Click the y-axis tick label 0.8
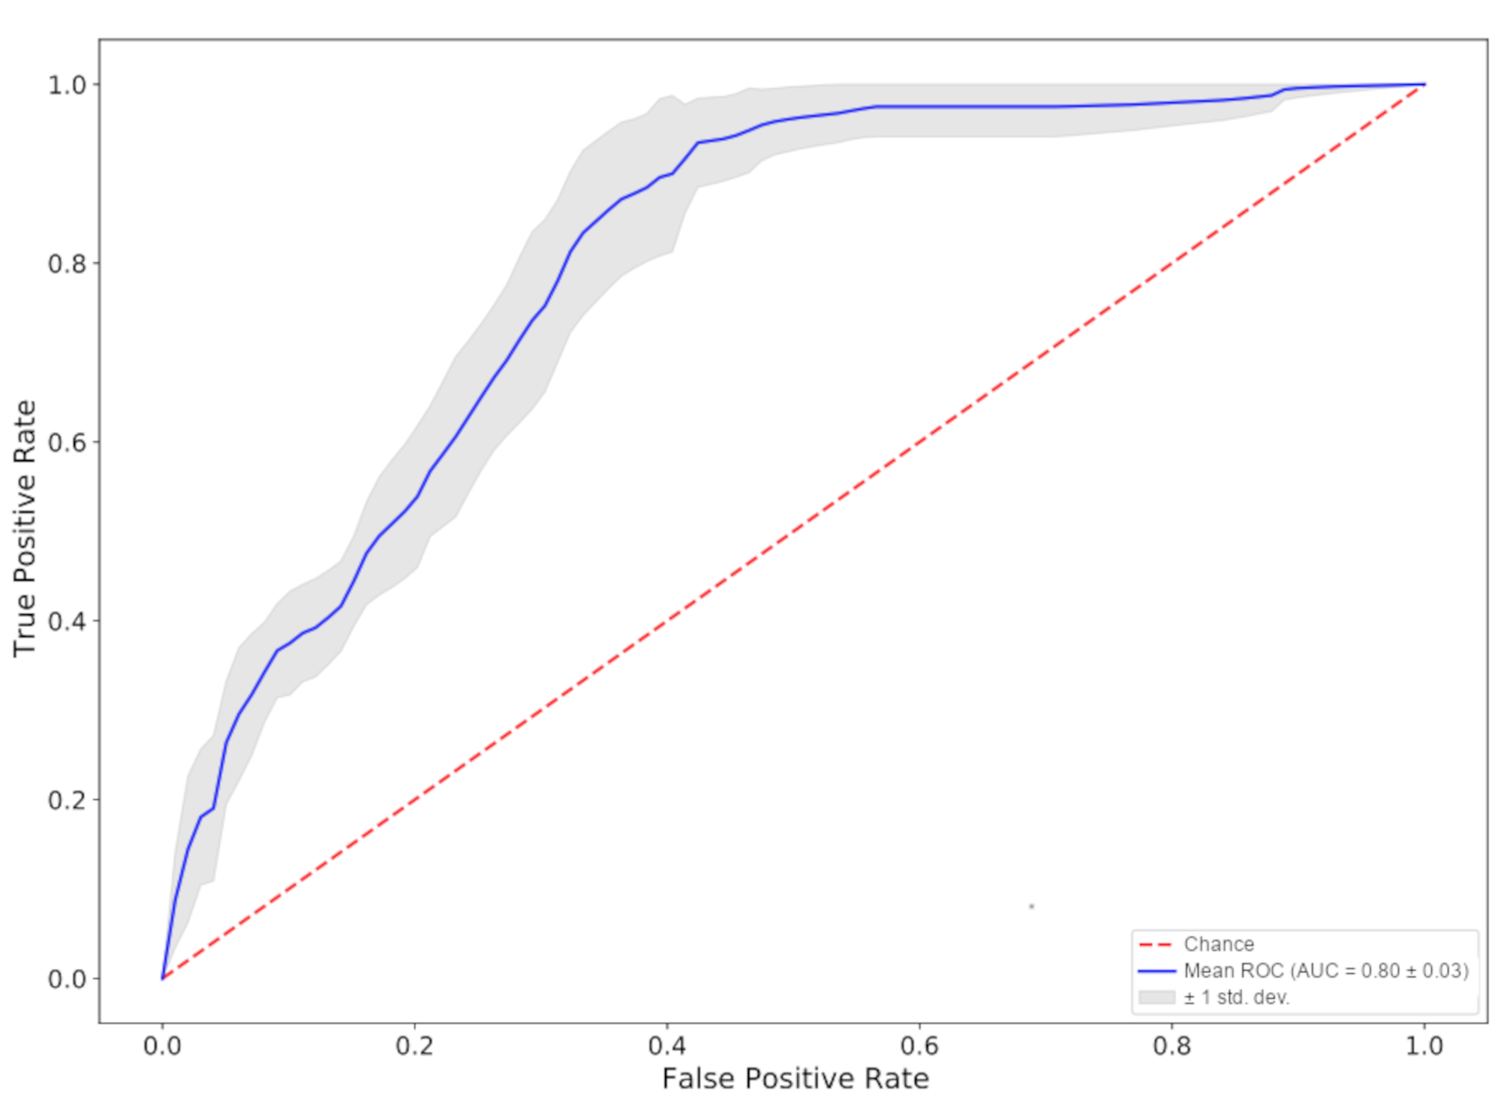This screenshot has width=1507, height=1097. (68, 264)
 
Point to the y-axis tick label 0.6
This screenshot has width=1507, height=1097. (68, 442)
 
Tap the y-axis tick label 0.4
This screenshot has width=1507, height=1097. (68, 621)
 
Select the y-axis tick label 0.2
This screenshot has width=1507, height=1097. (68, 800)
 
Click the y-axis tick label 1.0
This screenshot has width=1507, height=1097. (68, 85)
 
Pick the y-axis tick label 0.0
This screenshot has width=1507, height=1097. (68, 979)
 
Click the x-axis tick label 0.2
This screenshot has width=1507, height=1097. (414, 1046)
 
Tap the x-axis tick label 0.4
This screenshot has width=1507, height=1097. (667, 1046)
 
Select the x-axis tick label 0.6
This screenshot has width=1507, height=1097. (919, 1046)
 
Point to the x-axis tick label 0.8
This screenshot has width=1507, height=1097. (1172, 1046)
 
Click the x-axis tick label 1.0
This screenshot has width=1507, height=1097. (1424, 1046)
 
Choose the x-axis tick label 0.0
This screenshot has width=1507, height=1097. (162, 1046)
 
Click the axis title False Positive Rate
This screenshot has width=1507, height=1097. (796, 1078)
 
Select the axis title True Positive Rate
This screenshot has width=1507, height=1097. (25, 529)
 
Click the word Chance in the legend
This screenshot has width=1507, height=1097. (1219, 944)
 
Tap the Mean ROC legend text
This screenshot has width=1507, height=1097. (1326, 971)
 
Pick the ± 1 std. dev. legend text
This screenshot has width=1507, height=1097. (1237, 997)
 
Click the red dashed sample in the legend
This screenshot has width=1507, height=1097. (1157, 945)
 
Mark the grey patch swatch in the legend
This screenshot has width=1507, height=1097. (1157, 997)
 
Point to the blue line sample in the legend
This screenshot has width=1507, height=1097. (1157, 971)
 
